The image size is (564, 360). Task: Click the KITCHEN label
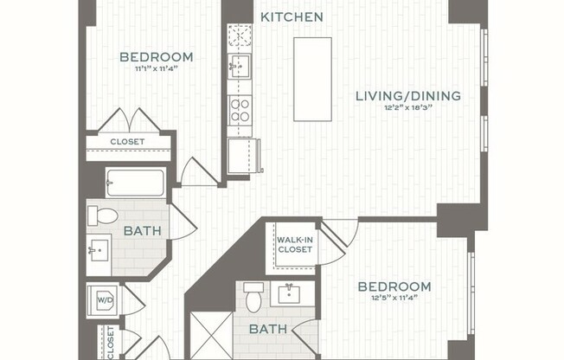point(292,17)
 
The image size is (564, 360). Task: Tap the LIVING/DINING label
point(408,96)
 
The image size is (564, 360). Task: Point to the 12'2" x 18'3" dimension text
point(408,108)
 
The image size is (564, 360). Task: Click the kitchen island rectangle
point(312,79)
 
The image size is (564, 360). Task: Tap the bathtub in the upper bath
point(135,183)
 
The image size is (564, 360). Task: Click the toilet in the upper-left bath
point(106,215)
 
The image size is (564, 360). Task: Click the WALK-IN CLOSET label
point(295,245)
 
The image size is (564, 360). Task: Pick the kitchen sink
point(240,65)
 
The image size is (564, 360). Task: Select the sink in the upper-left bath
point(98,251)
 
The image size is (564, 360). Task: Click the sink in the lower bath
point(286,294)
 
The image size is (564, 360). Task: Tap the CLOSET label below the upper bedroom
point(127,142)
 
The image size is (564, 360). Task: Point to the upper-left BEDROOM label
point(156,58)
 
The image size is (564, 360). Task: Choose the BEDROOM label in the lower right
point(394,286)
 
